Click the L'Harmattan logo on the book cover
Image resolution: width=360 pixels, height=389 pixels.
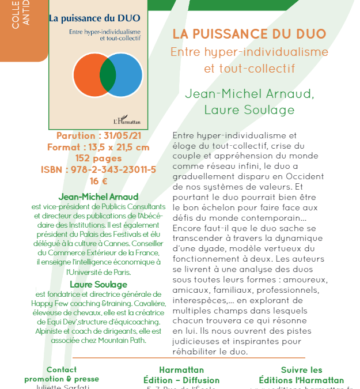click(127, 120)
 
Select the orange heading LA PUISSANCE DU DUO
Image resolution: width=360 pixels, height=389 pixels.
click(249, 34)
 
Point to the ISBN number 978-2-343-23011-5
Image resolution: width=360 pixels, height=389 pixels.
click(98, 169)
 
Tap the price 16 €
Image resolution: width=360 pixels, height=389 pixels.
click(98, 180)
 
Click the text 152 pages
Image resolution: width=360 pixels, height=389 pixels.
click(98, 158)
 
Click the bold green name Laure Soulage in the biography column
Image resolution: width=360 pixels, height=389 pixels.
click(98, 285)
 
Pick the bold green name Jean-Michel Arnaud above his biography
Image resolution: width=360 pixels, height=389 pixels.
click(98, 197)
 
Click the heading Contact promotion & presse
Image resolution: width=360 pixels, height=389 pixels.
click(62, 375)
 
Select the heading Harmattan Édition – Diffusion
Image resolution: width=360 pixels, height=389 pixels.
click(181, 375)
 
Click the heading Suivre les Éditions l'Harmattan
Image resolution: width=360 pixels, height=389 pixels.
click(301, 375)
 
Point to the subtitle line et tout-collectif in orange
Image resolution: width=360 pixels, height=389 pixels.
click(249, 69)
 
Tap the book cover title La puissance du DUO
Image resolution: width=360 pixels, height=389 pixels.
click(97, 18)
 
